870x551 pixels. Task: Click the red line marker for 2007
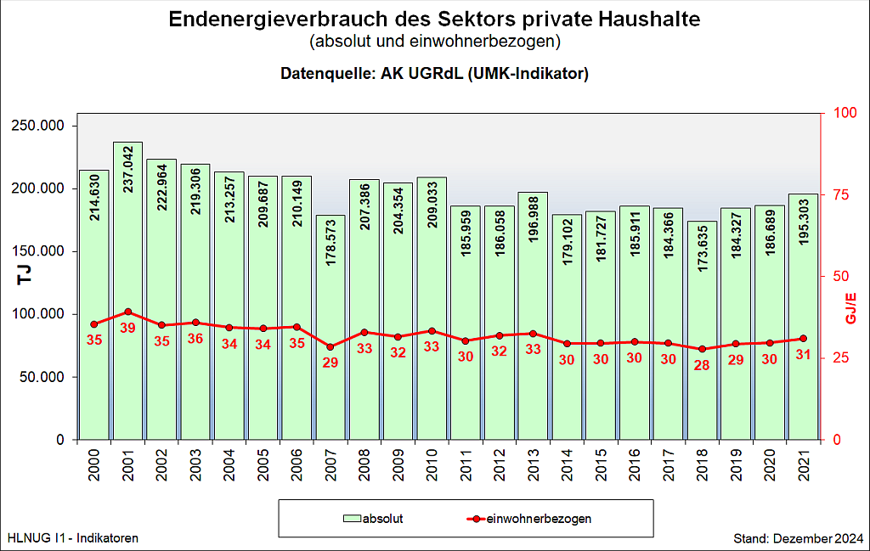pyautogui.click(x=330, y=346)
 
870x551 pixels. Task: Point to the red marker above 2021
pyautogui.click(x=803, y=339)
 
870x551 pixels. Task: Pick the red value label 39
pyautogui.click(x=127, y=328)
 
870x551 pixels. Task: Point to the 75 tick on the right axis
pyautogui.click(x=840, y=194)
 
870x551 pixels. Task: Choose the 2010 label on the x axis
pyautogui.click(x=432, y=467)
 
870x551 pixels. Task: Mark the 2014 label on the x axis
pyautogui.click(x=567, y=467)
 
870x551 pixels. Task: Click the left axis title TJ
pyautogui.click(x=25, y=274)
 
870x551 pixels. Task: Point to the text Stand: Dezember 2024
pyautogui.click(x=799, y=538)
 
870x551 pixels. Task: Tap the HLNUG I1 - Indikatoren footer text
pyautogui.click(x=72, y=538)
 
